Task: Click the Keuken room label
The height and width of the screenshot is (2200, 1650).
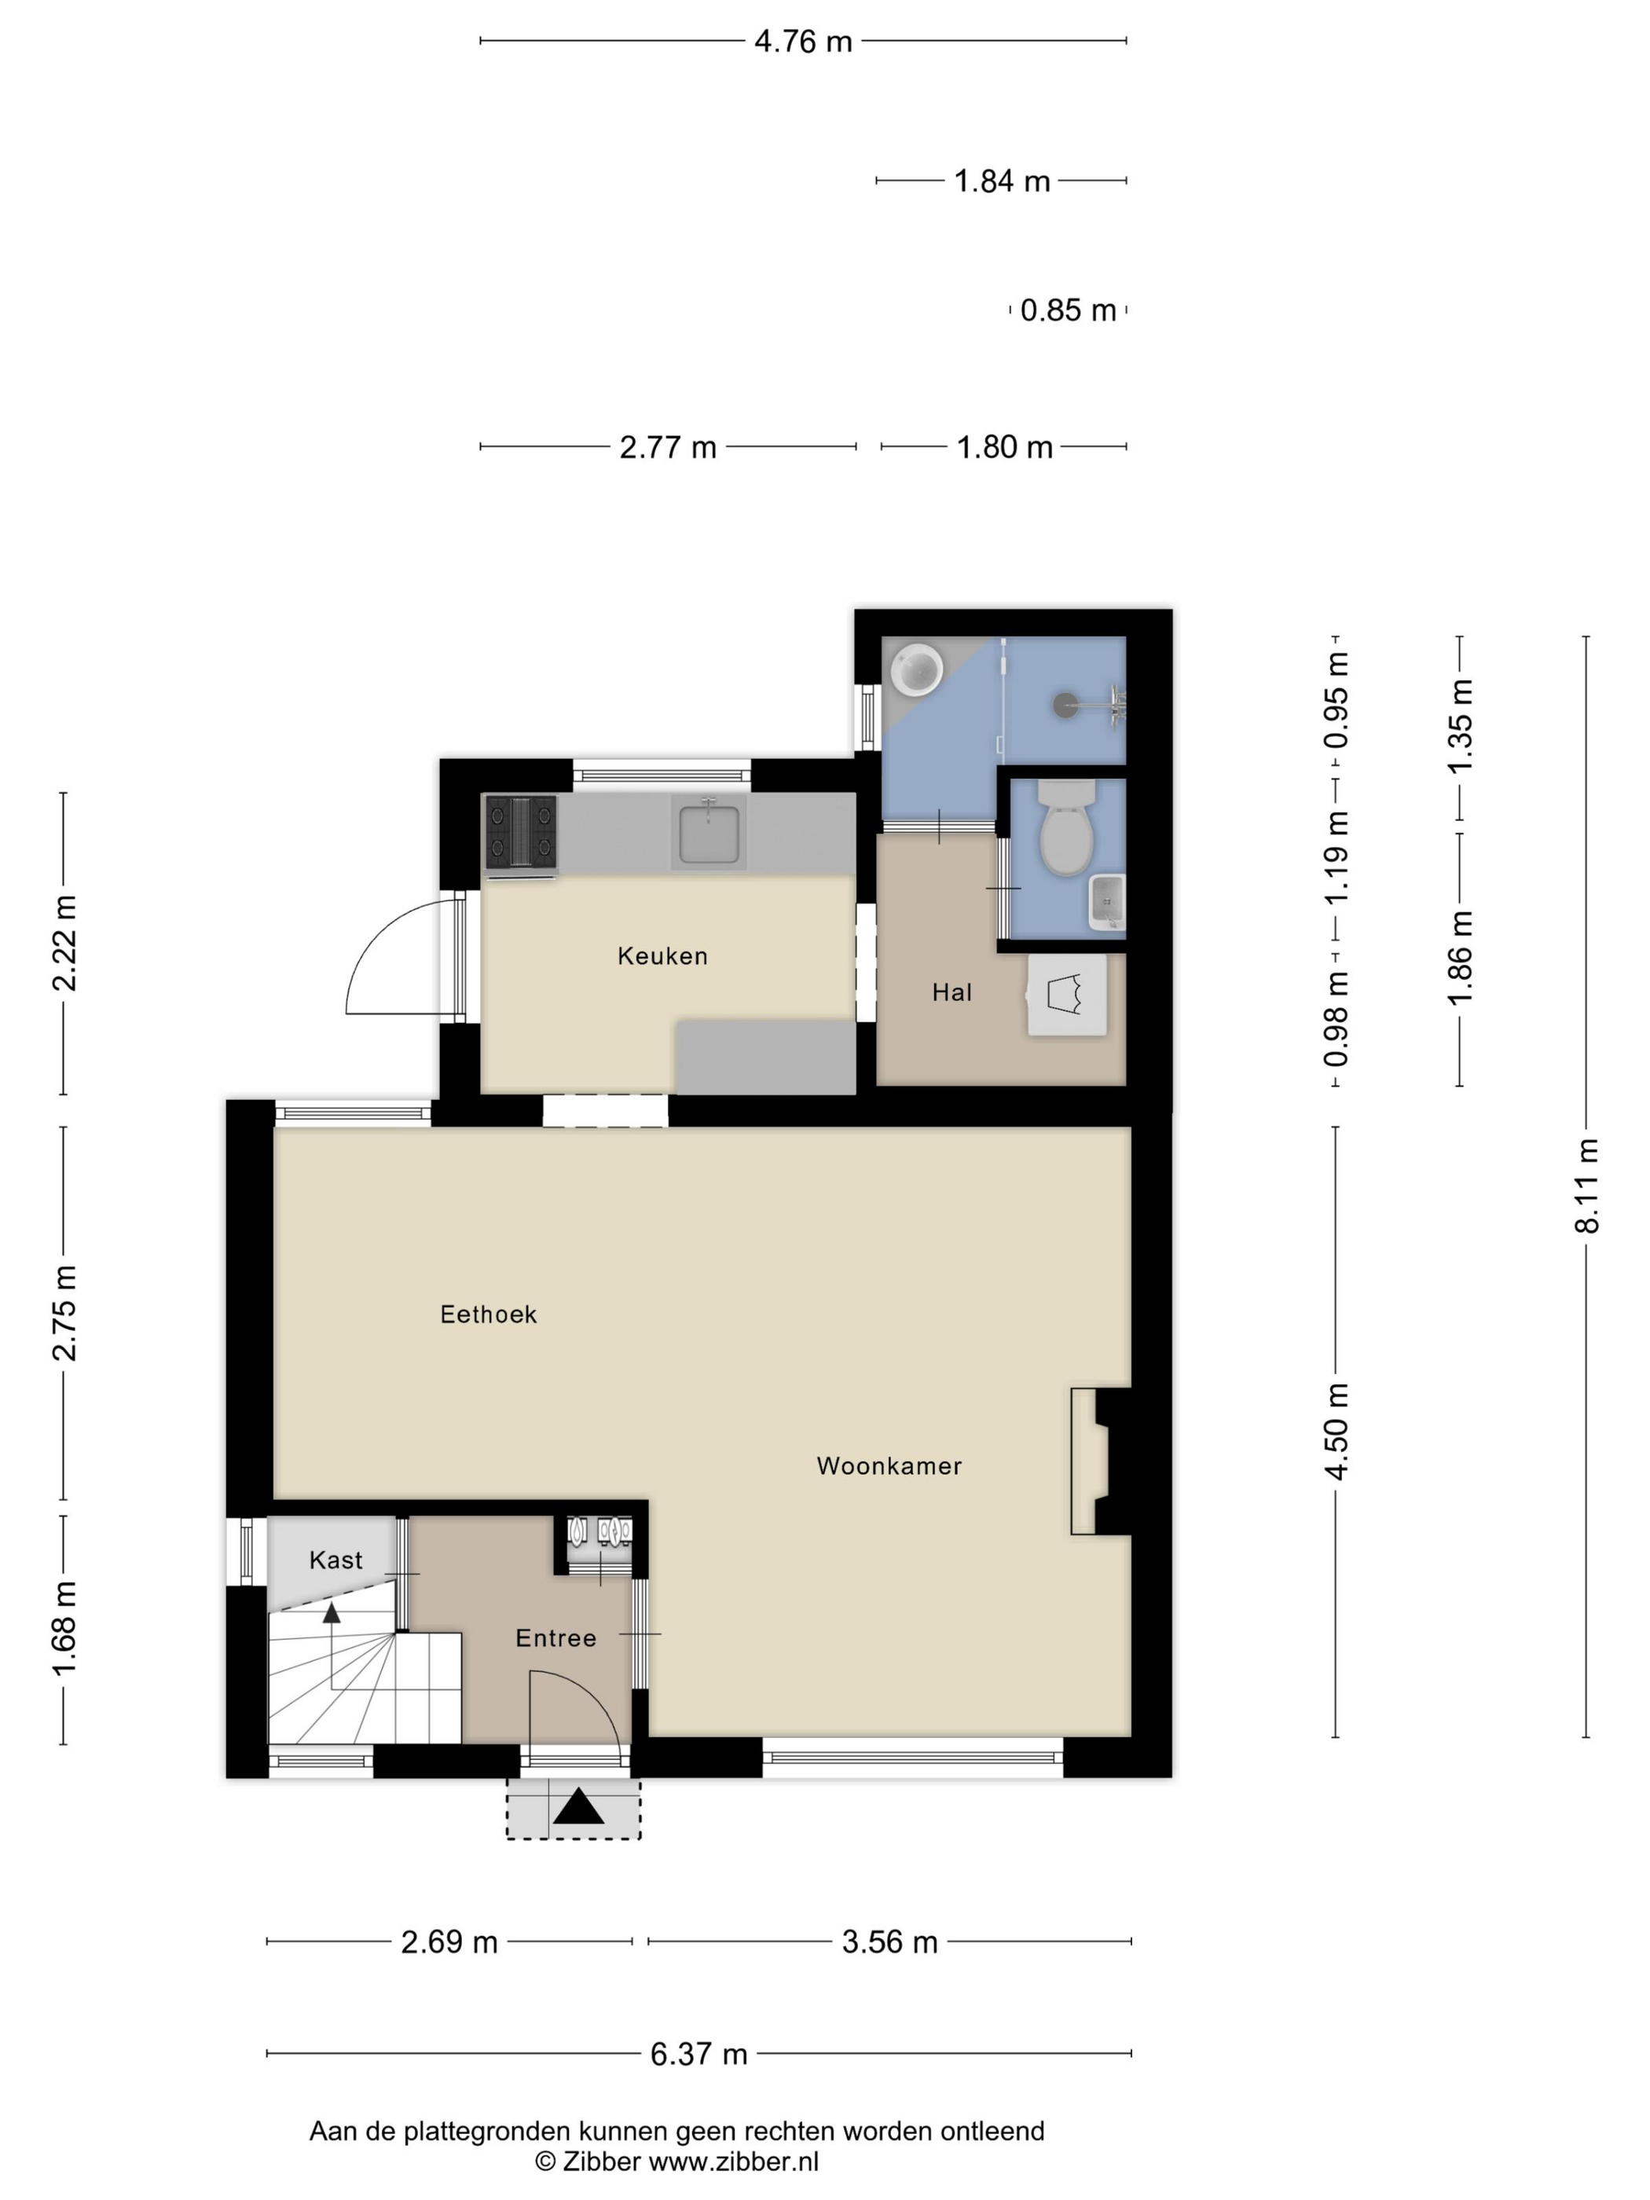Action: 662,955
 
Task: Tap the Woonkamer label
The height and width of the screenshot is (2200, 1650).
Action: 889,1466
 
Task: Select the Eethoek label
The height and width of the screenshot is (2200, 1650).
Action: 489,1314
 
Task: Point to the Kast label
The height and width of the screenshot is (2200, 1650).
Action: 336,1560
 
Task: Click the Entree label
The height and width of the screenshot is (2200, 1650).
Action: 556,1638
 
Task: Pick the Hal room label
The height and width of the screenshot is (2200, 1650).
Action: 951,992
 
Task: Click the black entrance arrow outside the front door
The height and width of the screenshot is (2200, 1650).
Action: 579,1806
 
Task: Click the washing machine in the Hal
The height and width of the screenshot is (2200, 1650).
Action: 1067,995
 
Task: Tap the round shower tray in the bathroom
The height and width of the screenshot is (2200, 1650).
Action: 916,669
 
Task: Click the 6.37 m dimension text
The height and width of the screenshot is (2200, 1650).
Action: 698,2053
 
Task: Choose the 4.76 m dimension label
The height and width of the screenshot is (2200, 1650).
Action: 803,41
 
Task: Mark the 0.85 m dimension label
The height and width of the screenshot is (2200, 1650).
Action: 1068,310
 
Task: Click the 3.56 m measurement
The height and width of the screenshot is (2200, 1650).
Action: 889,1941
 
